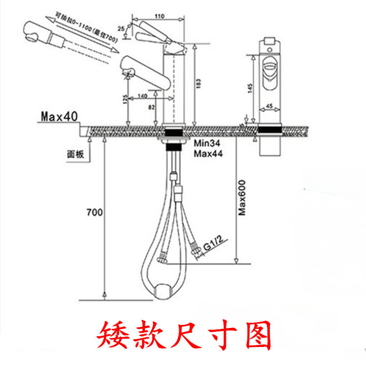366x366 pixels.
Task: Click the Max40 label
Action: pyautogui.click(x=60, y=117)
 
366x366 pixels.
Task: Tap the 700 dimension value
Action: pyautogui.click(x=94, y=212)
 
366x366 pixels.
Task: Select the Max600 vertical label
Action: pyautogui.click(x=241, y=197)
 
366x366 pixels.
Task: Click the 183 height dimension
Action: pyautogui.click(x=198, y=84)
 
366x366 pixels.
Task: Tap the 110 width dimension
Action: pyautogui.click(x=159, y=16)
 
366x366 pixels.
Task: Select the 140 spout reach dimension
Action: pyautogui.click(x=142, y=96)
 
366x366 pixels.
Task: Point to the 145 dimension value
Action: pyautogui.click(x=248, y=87)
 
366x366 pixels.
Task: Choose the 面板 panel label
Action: pyautogui.click(x=75, y=154)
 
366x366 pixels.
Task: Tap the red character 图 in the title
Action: pyautogui.click(x=254, y=335)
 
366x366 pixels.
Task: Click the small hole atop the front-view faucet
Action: pyautogui.click(x=269, y=49)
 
